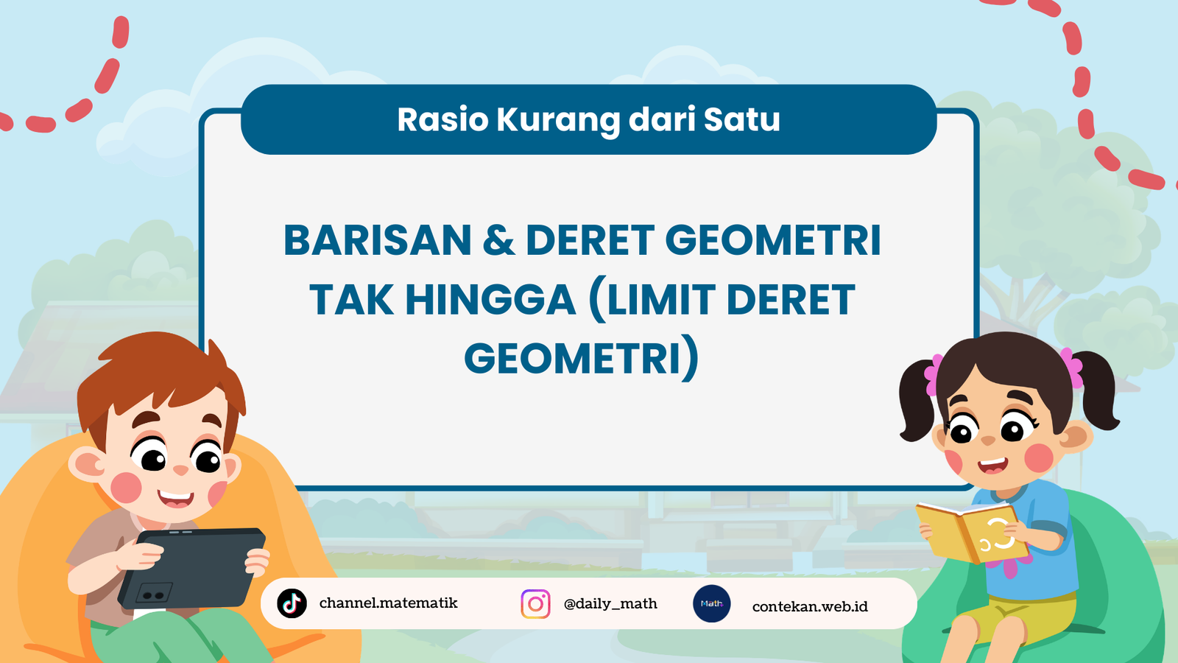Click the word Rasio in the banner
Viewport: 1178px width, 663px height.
pos(442,119)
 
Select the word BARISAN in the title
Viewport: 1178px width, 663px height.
pos(378,240)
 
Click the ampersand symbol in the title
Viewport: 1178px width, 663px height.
pos(498,240)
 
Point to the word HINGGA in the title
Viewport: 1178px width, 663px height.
pos(490,299)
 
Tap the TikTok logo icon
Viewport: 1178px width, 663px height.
pos(292,603)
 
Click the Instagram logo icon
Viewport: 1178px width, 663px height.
pos(535,603)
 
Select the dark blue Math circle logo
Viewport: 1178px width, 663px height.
pos(711,603)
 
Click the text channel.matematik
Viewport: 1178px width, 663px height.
pos(388,603)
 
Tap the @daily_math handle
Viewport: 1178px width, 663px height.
pos(610,604)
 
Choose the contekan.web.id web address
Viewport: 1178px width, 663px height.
pos(810,607)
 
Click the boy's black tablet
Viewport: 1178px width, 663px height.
pos(192,568)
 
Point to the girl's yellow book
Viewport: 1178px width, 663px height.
pos(972,532)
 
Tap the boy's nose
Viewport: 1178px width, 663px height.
pos(180,470)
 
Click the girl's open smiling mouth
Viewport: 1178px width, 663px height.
pos(992,466)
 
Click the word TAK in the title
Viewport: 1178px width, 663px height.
pos(351,299)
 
